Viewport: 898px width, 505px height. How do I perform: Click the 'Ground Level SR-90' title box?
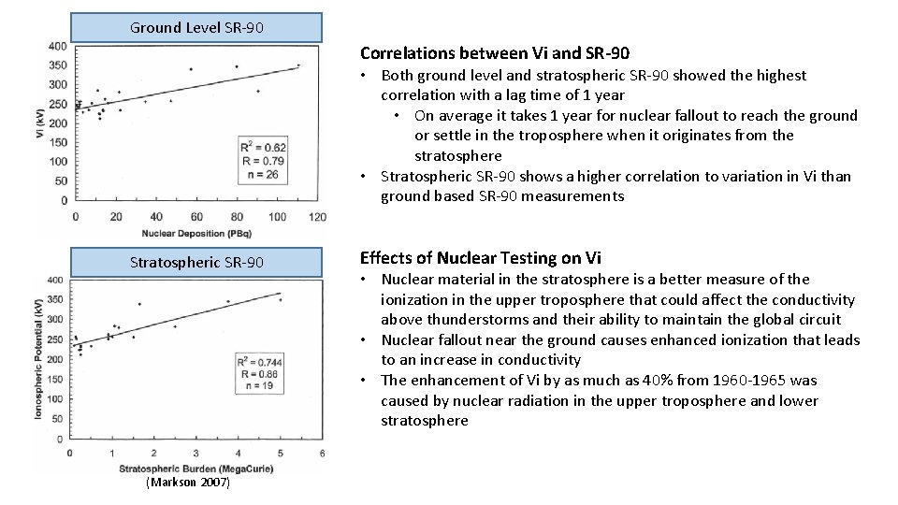(196, 27)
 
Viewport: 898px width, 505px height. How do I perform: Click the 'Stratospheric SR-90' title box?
(196, 262)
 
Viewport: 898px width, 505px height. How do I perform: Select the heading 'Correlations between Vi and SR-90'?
(495, 53)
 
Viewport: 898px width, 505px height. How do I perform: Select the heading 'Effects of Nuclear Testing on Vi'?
(481, 258)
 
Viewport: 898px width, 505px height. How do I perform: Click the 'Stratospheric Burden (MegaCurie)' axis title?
(195, 467)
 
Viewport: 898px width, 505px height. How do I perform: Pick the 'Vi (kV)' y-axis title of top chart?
(39, 124)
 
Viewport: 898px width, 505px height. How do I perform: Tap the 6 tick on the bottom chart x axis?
(323, 454)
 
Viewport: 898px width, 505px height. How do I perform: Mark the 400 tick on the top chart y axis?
(57, 46)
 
